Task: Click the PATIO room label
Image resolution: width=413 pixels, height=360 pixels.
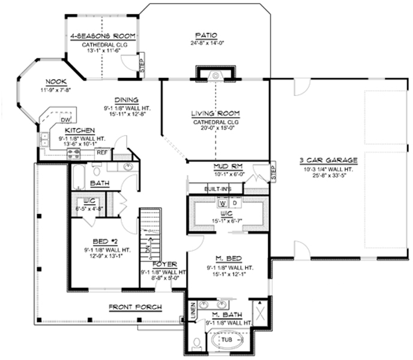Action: pyautogui.click(x=206, y=35)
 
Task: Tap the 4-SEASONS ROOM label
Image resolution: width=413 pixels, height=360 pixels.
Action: pyautogui.click(x=103, y=35)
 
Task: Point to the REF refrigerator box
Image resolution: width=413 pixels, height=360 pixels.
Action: pyautogui.click(x=103, y=152)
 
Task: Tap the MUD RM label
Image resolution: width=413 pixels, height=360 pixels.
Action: pyautogui.click(x=227, y=167)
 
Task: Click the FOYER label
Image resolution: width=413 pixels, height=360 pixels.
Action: pyautogui.click(x=164, y=264)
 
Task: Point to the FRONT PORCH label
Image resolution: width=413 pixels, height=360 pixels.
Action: pyautogui.click(x=135, y=308)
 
